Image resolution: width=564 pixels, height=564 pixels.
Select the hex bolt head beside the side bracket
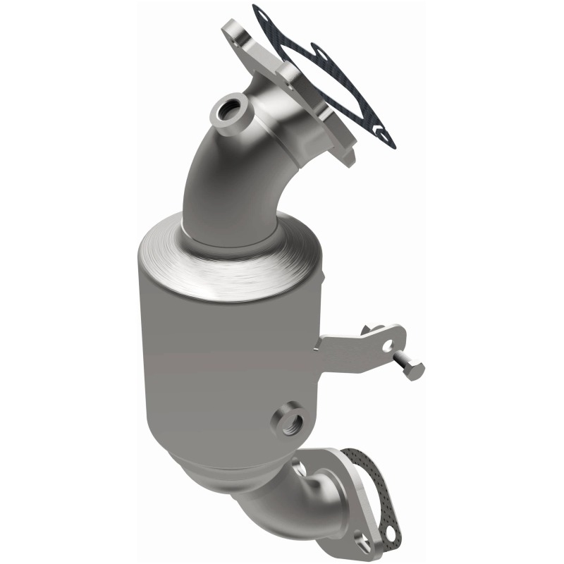coord(415,369)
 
